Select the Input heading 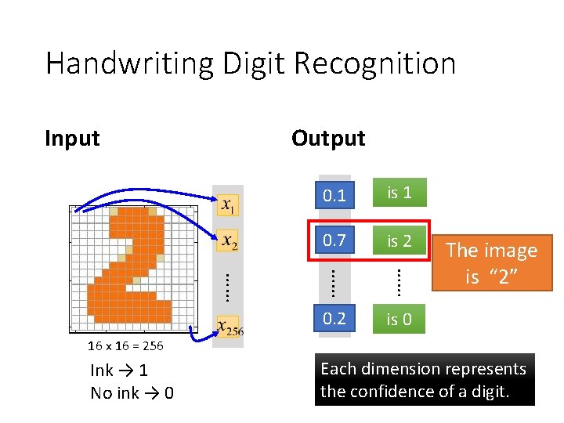click(x=72, y=138)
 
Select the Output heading click(x=328, y=138)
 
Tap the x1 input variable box click(x=228, y=206)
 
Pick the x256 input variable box click(x=230, y=327)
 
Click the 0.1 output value click(x=334, y=195)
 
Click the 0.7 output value click(x=334, y=240)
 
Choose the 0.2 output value click(x=334, y=318)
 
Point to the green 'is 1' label click(x=399, y=193)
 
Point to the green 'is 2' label click(x=399, y=240)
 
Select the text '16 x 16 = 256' click(x=125, y=346)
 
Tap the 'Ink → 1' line click(x=119, y=370)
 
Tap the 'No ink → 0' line click(x=132, y=392)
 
